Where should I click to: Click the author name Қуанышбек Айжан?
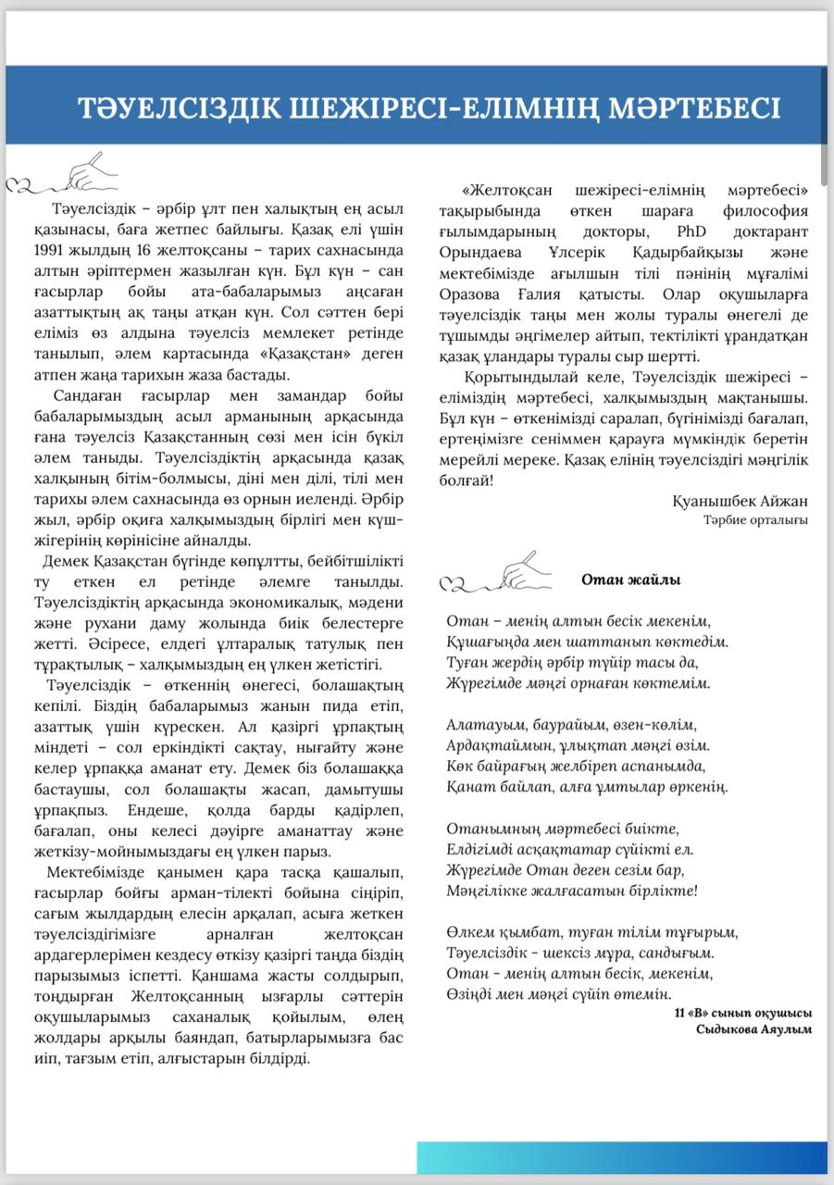[740, 501]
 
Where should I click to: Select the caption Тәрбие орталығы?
[754, 519]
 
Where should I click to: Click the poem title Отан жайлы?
[630, 580]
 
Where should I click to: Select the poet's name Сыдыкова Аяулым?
[753, 1029]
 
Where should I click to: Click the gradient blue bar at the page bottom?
[621, 1157]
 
